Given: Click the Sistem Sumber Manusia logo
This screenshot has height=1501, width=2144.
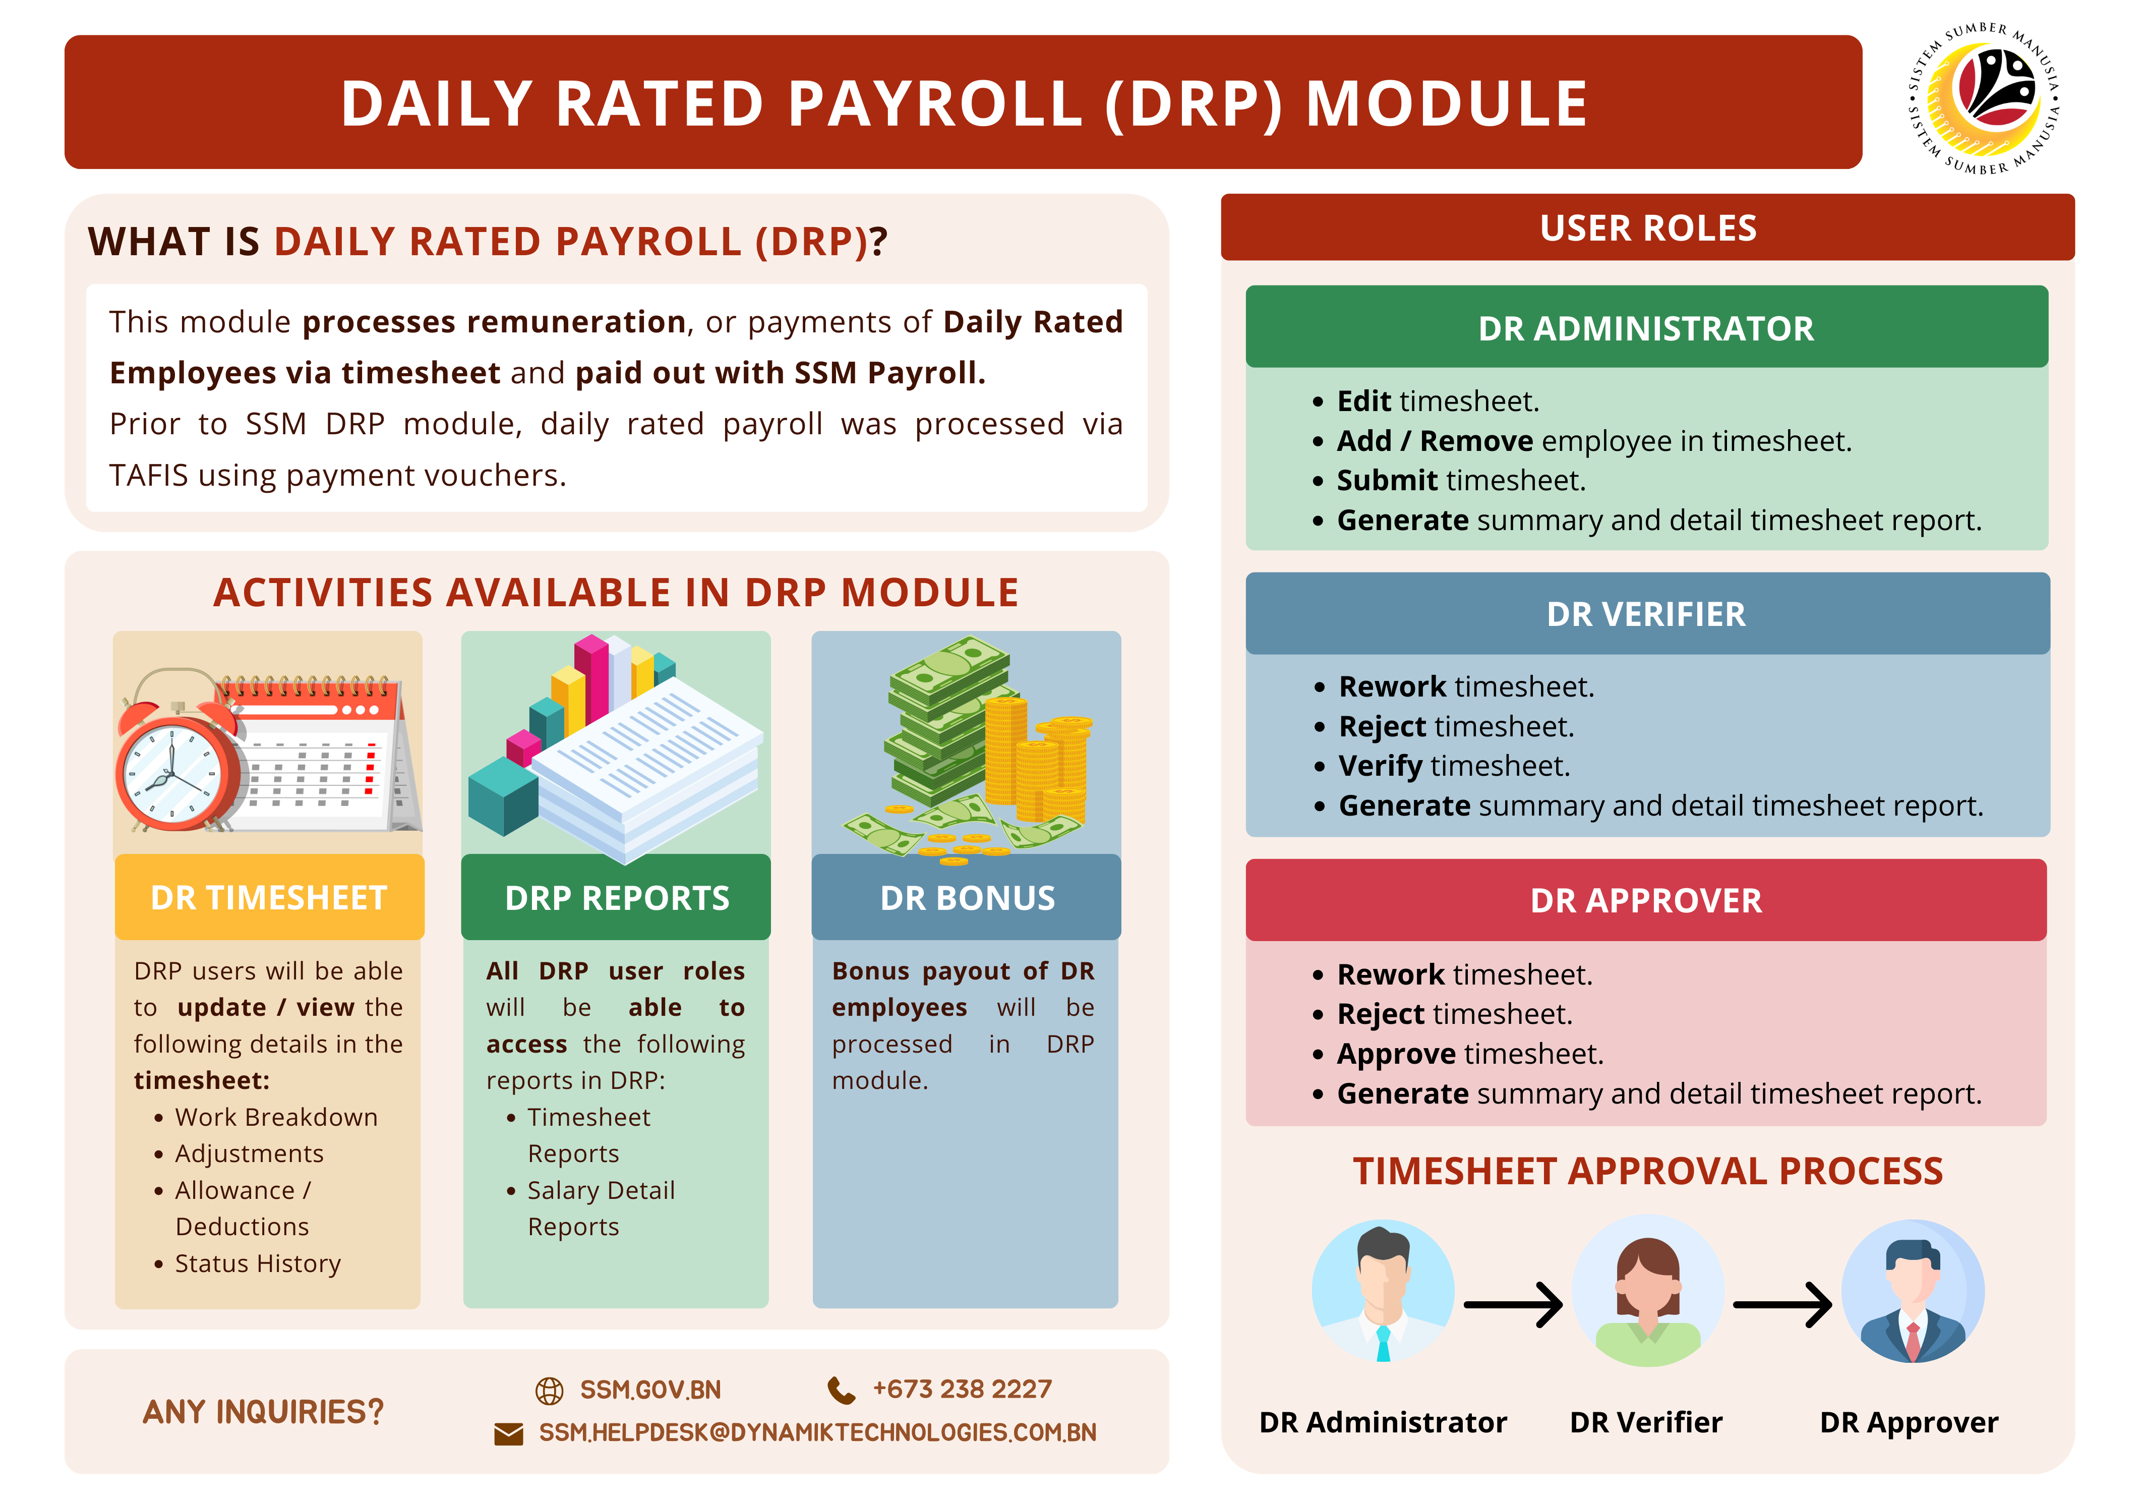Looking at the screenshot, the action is pyautogui.click(x=1983, y=99).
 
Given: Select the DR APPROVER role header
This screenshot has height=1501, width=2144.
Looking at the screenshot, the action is pyautogui.click(x=1646, y=900).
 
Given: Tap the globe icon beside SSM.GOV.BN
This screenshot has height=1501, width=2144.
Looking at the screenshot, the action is pyautogui.click(x=549, y=1390).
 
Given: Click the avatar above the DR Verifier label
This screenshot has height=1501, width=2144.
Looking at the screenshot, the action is pyautogui.click(x=1647, y=1291).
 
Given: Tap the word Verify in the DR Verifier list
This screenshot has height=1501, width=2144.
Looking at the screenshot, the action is pyautogui.click(x=1380, y=766).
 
